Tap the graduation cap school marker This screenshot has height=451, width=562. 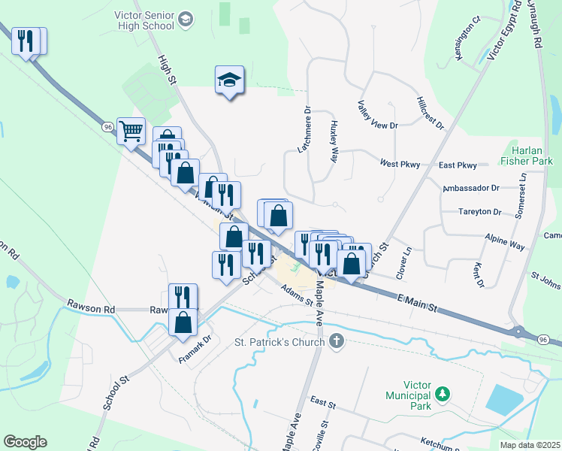[229, 79]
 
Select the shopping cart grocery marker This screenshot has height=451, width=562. [131, 132]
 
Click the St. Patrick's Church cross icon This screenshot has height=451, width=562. [336, 342]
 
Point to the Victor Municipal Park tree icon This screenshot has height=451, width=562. [443, 394]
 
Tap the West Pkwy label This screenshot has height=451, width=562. [399, 163]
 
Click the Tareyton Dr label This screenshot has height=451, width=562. [479, 212]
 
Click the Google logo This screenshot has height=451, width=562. [25, 442]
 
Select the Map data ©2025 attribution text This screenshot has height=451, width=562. [530, 445]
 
